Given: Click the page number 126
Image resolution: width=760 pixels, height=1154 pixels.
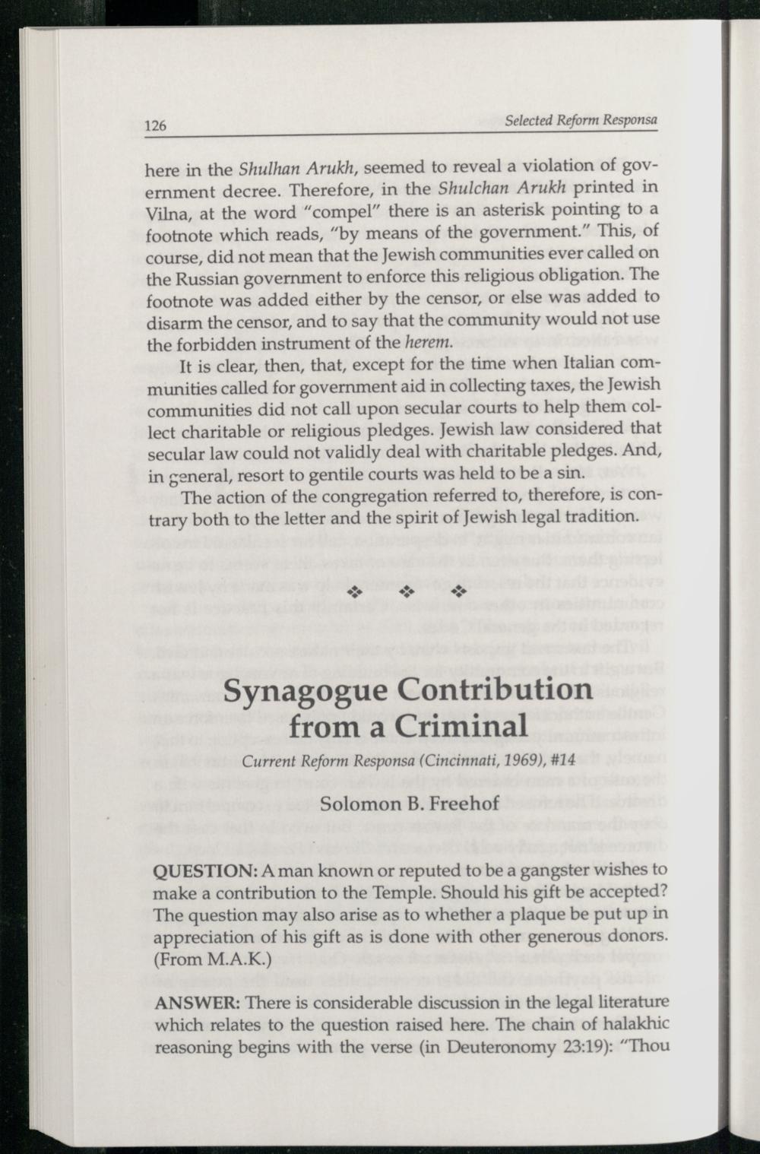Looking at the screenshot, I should (156, 126).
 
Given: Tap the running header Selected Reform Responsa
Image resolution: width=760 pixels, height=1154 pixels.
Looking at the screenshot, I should (581, 120).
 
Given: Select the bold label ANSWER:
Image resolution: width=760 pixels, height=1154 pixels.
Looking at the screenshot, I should (188, 1003).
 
